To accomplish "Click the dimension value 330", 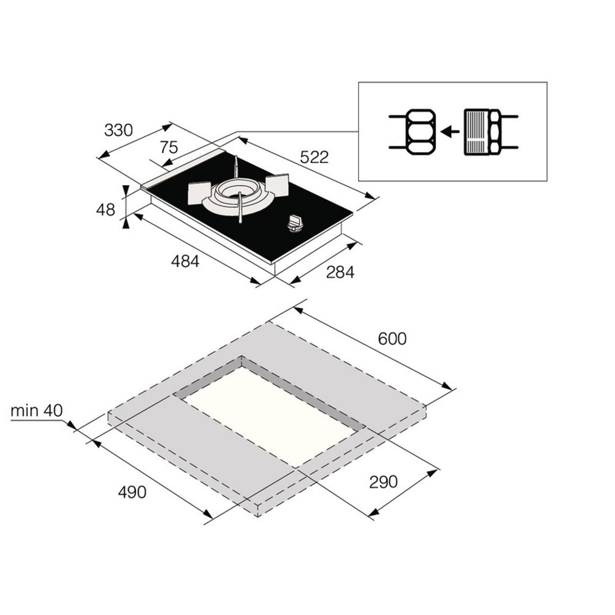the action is (119, 130).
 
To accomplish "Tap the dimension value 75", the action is (169, 147).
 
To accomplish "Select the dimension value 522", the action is (314, 157).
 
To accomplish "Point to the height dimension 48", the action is (105, 210).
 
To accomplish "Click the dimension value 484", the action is (185, 261).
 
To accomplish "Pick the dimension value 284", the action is (340, 272).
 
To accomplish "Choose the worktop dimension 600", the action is (392, 338).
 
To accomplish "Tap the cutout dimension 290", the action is (383, 481).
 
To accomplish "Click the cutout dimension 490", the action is (132, 492).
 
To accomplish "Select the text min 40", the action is (37, 411).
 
